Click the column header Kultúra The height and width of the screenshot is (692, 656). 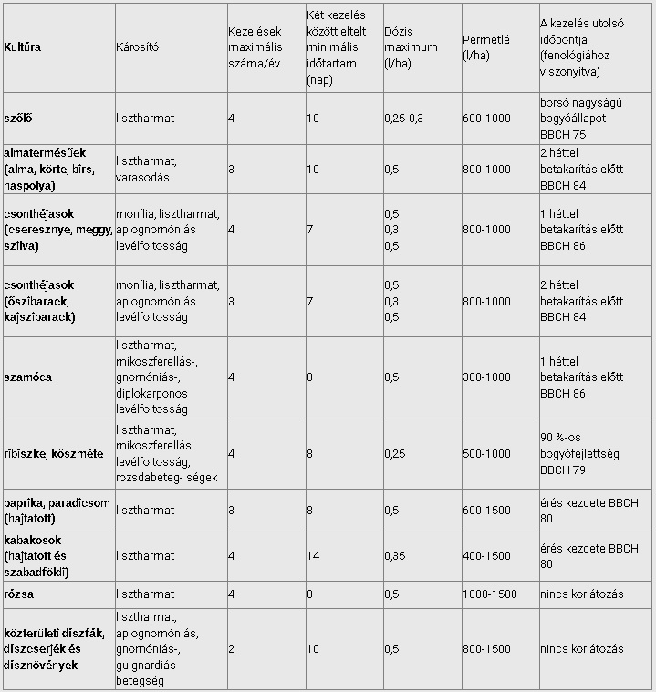[23, 47]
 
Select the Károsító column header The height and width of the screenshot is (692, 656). [137, 47]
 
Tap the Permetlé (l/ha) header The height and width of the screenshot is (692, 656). [486, 47]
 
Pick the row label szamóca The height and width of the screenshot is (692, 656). [27, 377]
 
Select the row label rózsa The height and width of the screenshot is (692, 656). [20, 594]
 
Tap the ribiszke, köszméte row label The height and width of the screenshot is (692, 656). [53, 453]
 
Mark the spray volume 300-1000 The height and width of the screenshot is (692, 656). [487, 377]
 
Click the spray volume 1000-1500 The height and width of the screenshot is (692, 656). [490, 594]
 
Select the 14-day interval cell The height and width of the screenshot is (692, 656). [313, 555]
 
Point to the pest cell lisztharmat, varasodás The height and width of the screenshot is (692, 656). [148, 169]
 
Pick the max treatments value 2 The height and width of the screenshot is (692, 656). [232, 648]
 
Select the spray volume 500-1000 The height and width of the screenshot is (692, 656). [487, 453]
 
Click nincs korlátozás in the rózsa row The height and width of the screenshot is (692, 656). [582, 594]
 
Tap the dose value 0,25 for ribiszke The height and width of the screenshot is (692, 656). [396, 453]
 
